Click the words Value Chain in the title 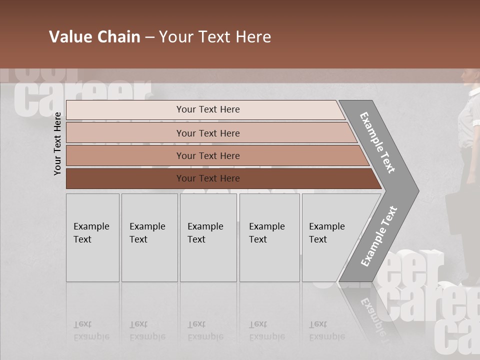94,37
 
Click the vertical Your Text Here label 57,143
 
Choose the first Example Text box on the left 92,237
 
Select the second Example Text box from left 149,237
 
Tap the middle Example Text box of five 208,237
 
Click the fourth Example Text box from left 269,237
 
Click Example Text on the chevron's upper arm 377,142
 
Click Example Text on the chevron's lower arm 378,236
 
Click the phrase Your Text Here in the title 215,37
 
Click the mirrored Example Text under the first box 91,331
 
